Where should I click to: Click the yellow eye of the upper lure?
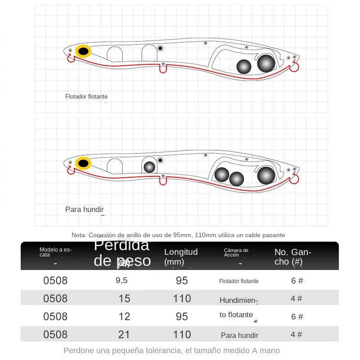[83, 51]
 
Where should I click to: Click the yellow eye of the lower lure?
[83, 163]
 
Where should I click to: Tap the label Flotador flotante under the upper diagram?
[86, 96]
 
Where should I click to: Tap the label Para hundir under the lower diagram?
[85, 209]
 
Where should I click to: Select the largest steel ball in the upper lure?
[266, 63]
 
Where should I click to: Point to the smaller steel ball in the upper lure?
[244, 67]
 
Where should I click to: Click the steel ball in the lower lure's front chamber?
[149, 167]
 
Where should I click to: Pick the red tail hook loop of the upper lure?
[294, 67]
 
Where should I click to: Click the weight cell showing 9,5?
[121, 280]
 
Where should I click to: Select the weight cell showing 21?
[124, 334]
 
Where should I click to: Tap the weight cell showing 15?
[124, 298]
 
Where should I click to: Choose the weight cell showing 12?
[124, 316]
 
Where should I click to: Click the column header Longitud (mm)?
[181, 256]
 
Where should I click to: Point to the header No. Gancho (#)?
[292, 256]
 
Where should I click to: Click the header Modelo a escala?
[55, 252]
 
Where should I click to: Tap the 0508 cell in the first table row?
[55, 280]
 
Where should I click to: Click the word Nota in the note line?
[79, 235]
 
